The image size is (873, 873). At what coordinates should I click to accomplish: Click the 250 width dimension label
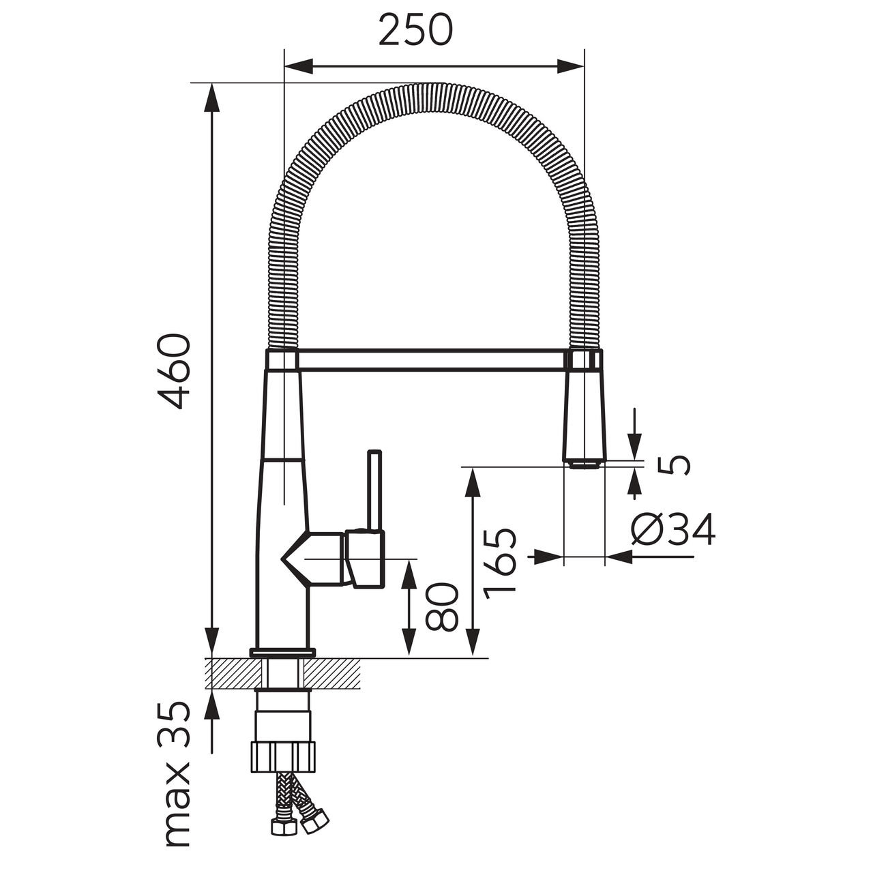coord(415,30)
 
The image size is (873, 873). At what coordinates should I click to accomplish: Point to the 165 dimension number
coord(500,563)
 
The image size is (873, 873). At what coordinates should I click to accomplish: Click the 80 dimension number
coord(442,607)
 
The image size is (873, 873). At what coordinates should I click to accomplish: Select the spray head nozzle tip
coord(585,465)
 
